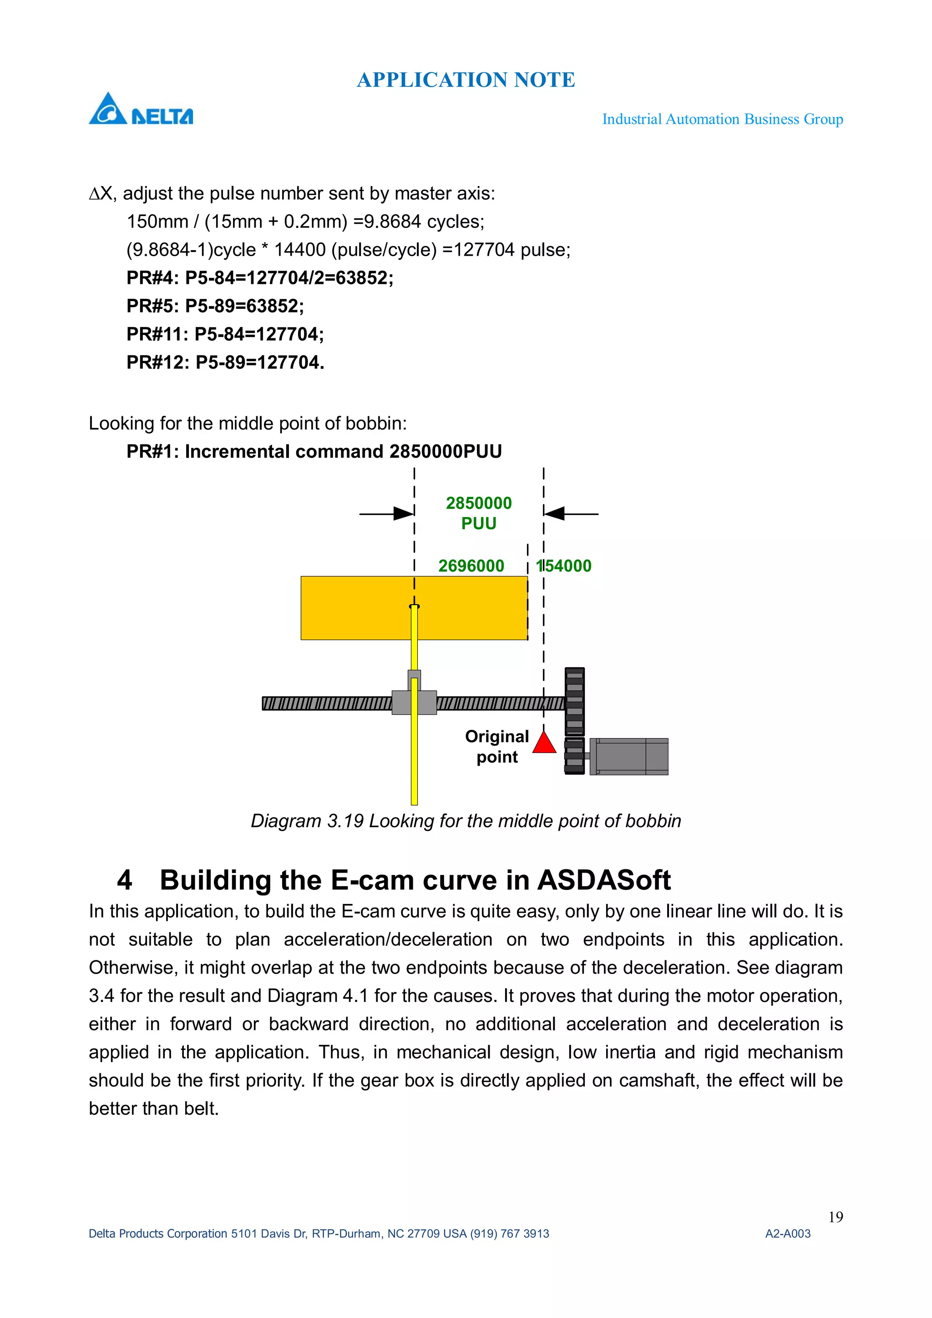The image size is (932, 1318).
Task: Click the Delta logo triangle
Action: tap(107, 110)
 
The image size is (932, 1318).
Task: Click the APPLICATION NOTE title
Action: tap(466, 80)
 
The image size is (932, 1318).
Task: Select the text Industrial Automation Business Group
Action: tap(722, 119)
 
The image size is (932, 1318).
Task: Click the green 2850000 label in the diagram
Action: tap(478, 504)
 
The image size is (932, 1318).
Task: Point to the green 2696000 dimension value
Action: tap(471, 566)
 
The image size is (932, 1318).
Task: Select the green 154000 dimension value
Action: tap(564, 566)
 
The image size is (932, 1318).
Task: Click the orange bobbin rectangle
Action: tap(356, 608)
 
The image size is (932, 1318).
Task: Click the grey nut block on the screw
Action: tap(414, 702)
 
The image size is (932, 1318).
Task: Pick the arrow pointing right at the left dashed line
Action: tap(403, 514)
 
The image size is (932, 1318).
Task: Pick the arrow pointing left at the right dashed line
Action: tap(555, 514)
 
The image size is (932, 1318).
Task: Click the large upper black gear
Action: tap(574, 702)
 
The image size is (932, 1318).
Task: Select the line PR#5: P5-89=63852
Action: tap(215, 306)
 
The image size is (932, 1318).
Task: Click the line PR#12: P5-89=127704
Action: tap(225, 362)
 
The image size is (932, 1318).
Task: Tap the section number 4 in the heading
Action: tap(125, 880)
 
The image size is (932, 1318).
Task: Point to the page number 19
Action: tap(836, 1217)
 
